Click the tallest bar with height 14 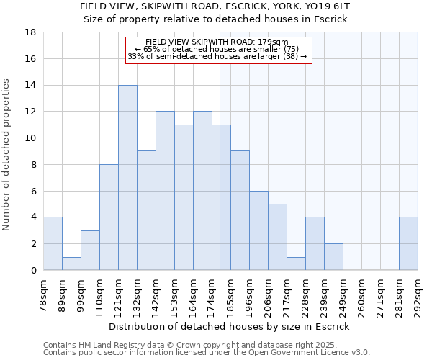pos(127,178)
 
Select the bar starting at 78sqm pos(53,243)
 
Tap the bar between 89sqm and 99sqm pos(71,264)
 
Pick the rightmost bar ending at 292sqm pos(408,243)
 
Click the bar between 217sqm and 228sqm pos(296,264)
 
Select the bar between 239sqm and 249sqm pos(333,257)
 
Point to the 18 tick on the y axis pos(32,32)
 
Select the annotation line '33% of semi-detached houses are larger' pos(217,56)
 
